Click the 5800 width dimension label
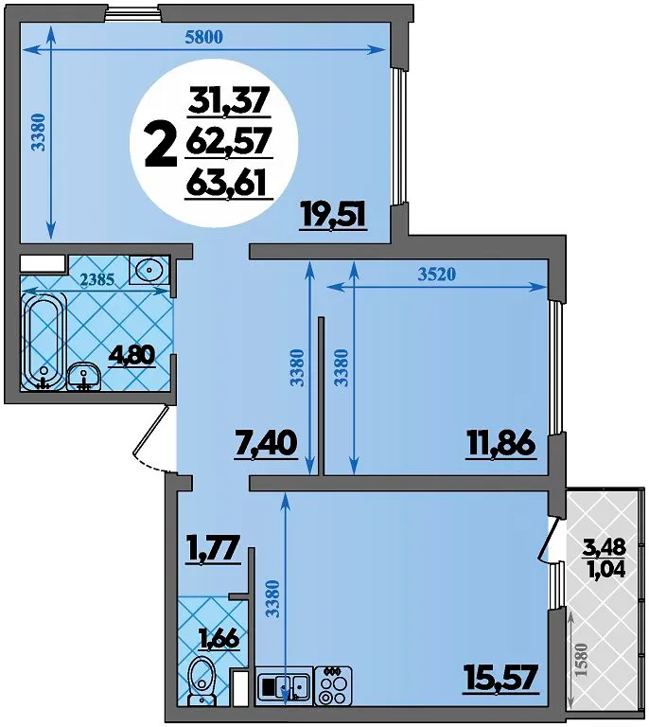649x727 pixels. click(203, 37)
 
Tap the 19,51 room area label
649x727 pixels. click(334, 216)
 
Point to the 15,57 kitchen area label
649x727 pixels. click(501, 678)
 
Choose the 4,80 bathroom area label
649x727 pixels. click(132, 357)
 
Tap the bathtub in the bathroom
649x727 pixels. click(44, 343)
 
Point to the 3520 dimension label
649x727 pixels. click(437, 275)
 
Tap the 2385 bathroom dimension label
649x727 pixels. click(96, 279)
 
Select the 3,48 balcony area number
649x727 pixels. click(605, 547)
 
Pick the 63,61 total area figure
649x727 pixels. click(229, 185)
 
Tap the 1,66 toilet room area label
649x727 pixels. click(219, 640)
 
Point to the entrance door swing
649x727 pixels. click(153, 438)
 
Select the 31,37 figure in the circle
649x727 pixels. click(229, 99)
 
